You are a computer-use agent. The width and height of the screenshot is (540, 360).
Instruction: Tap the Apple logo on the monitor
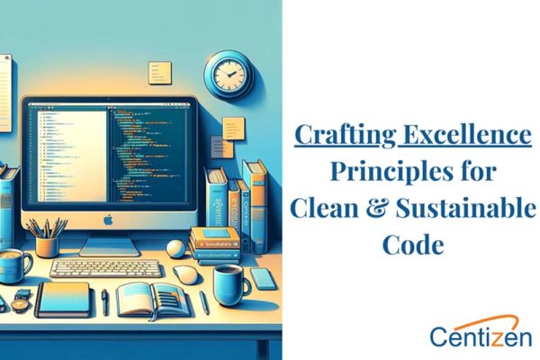tap(109, 219)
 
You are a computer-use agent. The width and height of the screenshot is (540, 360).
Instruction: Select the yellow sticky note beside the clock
tap(160, 73)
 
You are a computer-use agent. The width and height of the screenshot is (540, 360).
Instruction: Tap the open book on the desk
tap(154, 298)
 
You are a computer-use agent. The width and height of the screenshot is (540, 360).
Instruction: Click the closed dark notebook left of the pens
tap(64, 300)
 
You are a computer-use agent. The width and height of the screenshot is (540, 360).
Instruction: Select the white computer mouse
tap(185, 275)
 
